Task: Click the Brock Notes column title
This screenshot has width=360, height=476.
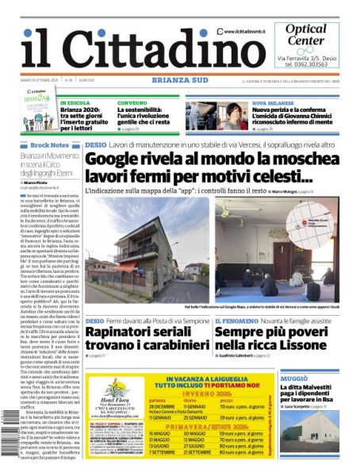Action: point(49,145)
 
